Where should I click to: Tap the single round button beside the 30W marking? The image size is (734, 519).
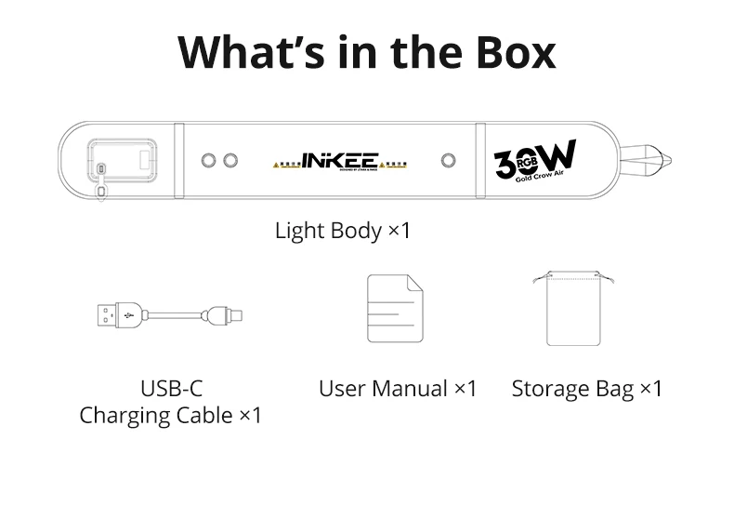coord(450,160)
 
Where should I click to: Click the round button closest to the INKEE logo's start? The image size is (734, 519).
coord(230,160)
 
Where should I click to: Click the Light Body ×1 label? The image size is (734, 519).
coord(342,230)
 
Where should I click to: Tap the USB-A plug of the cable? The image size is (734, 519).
coord(117,314)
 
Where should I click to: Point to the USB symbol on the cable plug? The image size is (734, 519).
coord(126,314)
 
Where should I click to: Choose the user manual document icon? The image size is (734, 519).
coord(395,310)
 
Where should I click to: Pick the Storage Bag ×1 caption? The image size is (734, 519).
coord(587,388)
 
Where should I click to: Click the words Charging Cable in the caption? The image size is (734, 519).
coord(156,415)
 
